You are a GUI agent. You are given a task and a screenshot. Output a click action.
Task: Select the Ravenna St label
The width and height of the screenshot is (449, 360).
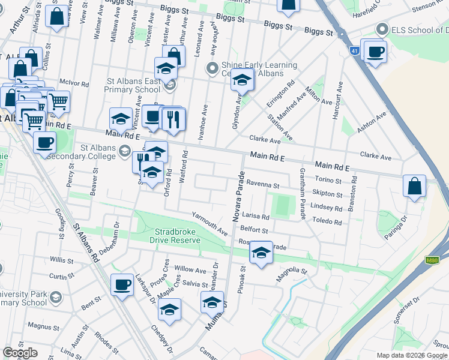[263, 185]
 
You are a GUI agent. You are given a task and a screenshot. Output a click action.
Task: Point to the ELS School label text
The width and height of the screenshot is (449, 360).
[420, 30]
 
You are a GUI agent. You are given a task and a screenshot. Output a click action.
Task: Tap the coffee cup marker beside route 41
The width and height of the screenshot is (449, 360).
[375, 53]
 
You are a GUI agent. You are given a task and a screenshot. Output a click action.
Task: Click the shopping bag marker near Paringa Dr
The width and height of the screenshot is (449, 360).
[414, 186]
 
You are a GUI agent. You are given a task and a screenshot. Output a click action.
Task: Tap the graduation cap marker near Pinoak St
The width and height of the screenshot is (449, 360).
[261, 253]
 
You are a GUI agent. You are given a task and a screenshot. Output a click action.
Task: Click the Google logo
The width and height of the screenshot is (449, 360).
[20, 353]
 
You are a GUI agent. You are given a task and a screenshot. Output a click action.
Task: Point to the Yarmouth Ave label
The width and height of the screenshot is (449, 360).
[210, 223]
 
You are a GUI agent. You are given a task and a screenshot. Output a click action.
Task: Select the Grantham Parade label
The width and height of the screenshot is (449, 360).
[302, 193]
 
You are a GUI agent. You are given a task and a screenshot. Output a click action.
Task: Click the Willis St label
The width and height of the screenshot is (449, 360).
[61, 260]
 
